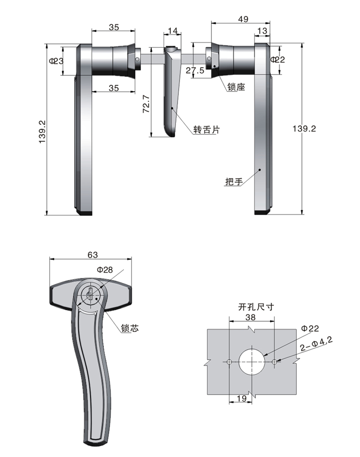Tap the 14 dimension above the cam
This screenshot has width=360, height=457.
tap(172, 31)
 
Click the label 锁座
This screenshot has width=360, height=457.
tap(236, 87)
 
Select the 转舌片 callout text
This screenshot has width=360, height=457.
tap(206, 130)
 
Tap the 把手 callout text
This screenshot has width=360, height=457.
tap(234, 182)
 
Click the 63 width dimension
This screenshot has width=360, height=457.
tap(92, 255)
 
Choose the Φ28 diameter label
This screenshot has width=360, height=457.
tap(105, 270)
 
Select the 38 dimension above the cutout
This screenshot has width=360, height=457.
tap(251, 317)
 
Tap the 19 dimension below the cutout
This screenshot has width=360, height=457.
tap(242, 399)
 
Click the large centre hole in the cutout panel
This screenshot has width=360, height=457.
tap(251, 362)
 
